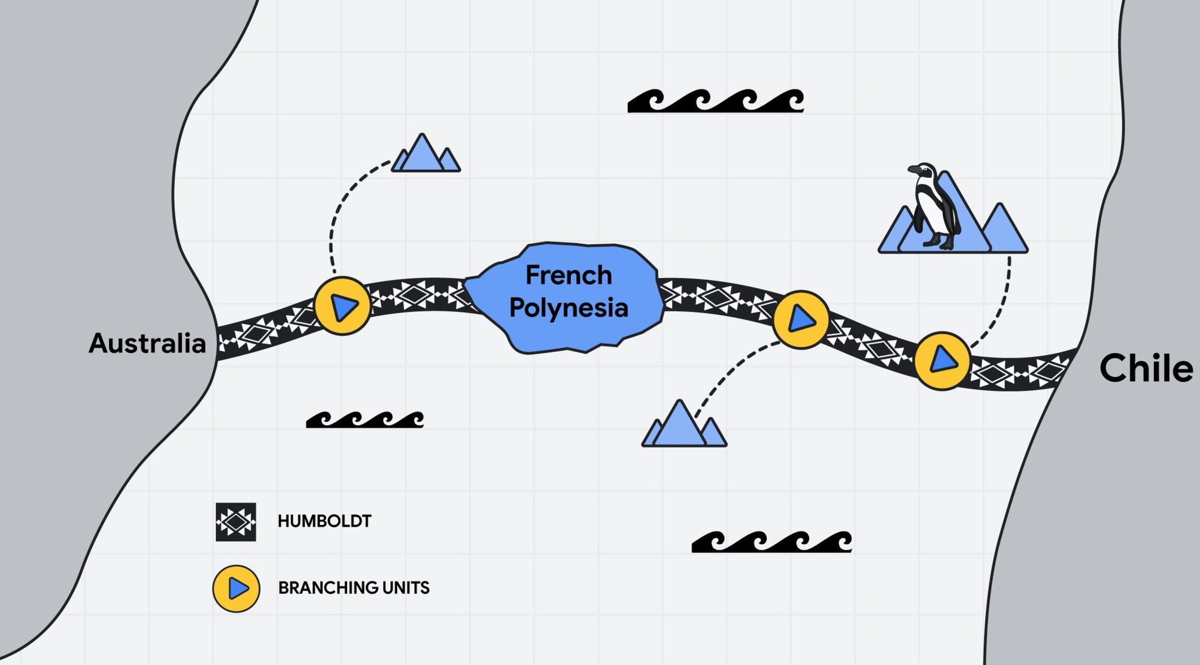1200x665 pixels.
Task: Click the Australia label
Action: click(148, 343)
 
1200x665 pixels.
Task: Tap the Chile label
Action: click(1146, 368)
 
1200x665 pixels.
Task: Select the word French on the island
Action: click(569, 275)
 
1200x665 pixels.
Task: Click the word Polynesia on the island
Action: click(569, 308)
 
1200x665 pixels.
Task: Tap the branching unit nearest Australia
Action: click(343, 306)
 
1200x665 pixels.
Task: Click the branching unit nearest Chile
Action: click(942, 361)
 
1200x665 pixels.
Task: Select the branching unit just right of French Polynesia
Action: click(801, 320)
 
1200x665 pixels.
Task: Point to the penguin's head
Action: click(922, 171)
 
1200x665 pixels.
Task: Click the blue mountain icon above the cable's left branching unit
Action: click(426, 153)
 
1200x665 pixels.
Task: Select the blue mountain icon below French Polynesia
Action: click(684, 423)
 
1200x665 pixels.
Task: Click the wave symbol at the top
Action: click(716, 101)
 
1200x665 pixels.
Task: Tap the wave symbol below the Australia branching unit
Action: click(365, 420)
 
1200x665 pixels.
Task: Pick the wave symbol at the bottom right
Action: click(772, 541)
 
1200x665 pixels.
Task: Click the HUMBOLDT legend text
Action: click(324, 521)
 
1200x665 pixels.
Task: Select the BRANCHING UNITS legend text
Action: click(354, 588)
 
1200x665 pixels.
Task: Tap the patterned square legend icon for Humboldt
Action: click(236, 522)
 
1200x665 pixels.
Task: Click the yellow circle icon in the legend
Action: click(236, 589)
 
